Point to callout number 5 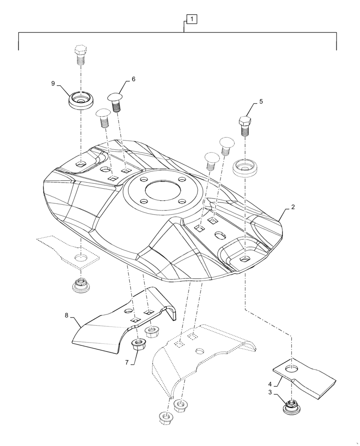point(261,101)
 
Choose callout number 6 point(133,79)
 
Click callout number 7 point(127,362)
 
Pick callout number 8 point(66,315)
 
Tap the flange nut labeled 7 point(137,345)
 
